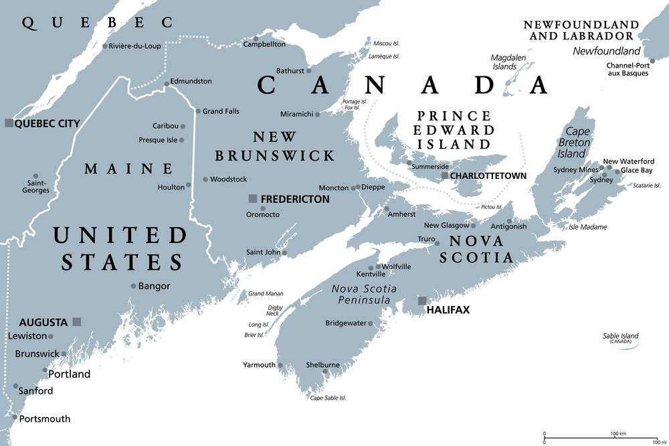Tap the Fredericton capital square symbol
252,198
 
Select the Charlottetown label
488,176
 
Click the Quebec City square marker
8,123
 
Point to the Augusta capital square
77,321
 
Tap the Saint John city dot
284,253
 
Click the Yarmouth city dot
280,366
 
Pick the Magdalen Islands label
508,62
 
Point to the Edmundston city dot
167,83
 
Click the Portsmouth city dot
15,418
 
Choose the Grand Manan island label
266,293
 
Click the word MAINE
128,169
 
